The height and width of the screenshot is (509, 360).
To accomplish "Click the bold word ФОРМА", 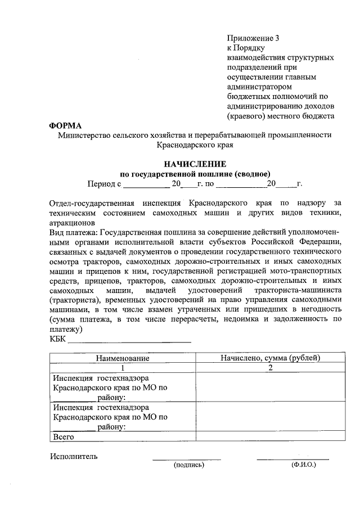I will [65, 125].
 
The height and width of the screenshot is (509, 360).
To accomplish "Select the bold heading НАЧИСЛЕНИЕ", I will [195, 164].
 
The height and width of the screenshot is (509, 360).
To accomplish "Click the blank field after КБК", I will [129, 340].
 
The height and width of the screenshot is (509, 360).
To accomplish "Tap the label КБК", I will [57, 339].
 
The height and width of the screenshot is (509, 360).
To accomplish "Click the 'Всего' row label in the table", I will [63, 436].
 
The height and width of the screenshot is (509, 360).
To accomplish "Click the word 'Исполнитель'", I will [74, 456].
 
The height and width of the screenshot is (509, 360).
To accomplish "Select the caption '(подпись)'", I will [188, 466].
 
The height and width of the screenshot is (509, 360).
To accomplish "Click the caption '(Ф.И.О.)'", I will [303, 466].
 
